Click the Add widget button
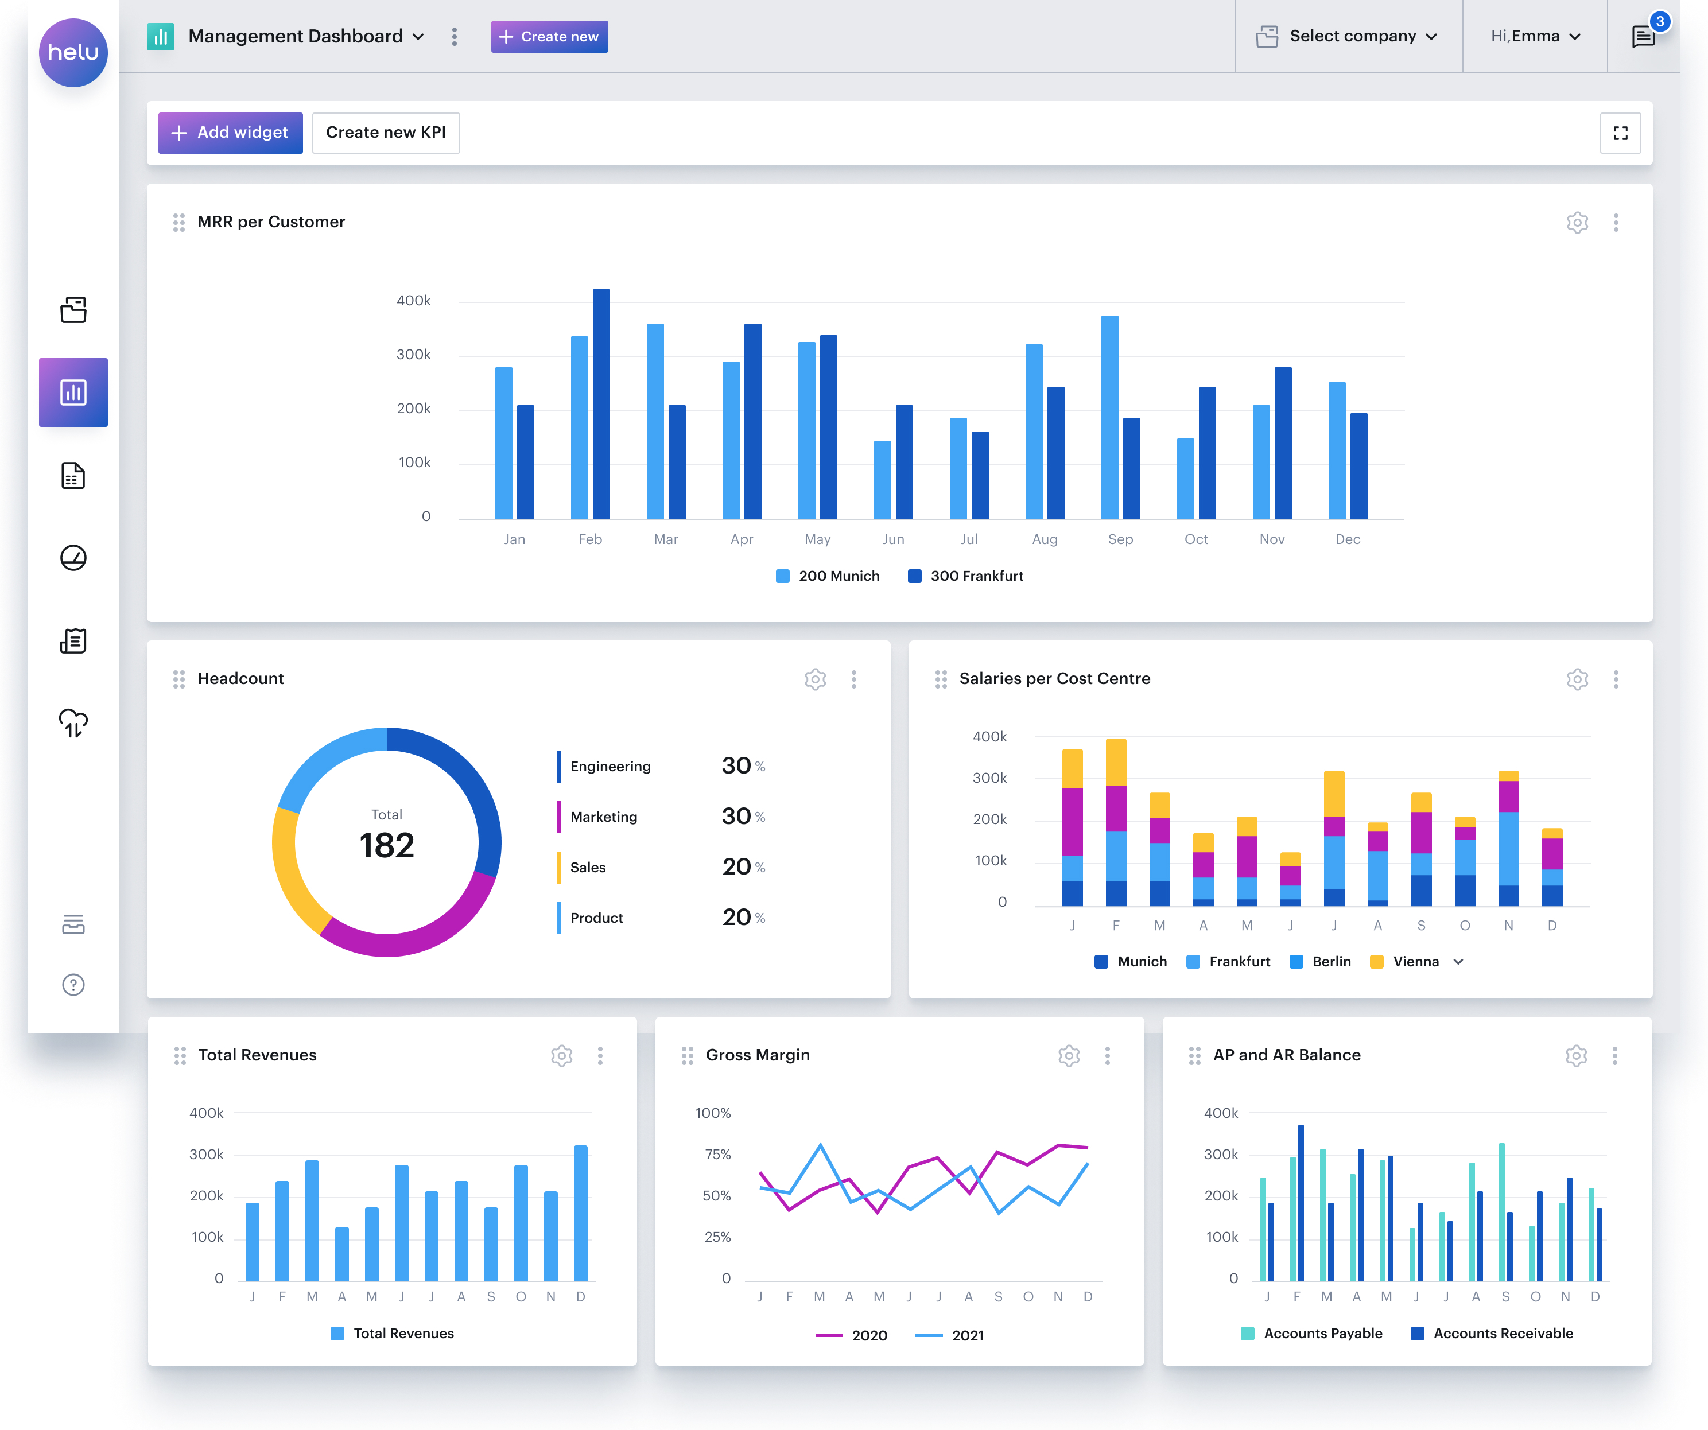230,133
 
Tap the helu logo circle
73,53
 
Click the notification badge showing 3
1659,22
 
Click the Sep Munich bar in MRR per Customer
1109,417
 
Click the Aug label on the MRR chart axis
1045,539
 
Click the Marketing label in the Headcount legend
604,817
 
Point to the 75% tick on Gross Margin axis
717,1154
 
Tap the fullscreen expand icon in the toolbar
1620,133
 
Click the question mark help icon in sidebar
73,985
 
